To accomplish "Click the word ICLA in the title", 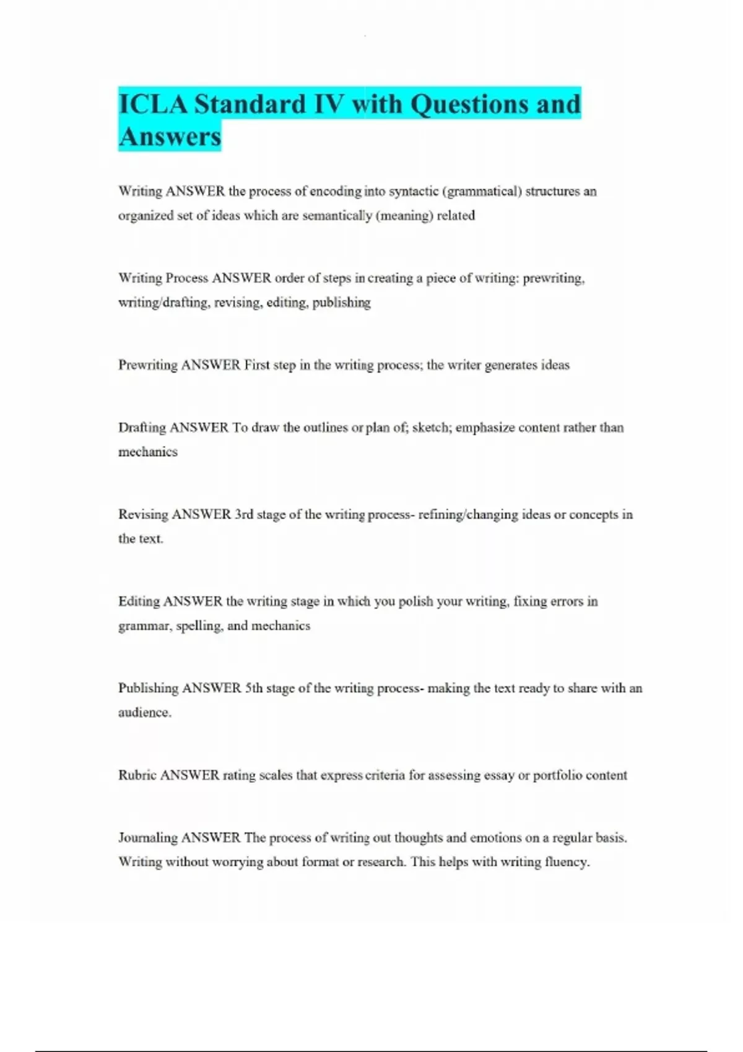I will pyautogui.click(x=152, y=104).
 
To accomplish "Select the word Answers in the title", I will pyautogui.click(x=170, y=137).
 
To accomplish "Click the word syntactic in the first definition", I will pyautogui.click(x=414, y=191).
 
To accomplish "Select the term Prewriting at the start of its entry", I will pyautogui.click(x=147, y=365).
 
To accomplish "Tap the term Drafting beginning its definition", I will pyautogui.click(x=142, y=428).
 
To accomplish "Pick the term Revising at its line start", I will pyautogui.click(x=143, y=514).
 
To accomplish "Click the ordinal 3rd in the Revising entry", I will pyautogui.click(x=244, y=514).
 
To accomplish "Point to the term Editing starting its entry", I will pyautogui.click(x=139, y=601).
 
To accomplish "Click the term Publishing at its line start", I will pyautogui.click(x=148, y=688).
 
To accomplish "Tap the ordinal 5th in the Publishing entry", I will pyautogui.click(x=254, y=688).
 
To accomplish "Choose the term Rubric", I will pyautogui.click(x=137, y=775).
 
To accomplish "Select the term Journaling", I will pyautogui.click(x=147, y=838).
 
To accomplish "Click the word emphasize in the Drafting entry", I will pyautogui.click(x=485, y=428).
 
